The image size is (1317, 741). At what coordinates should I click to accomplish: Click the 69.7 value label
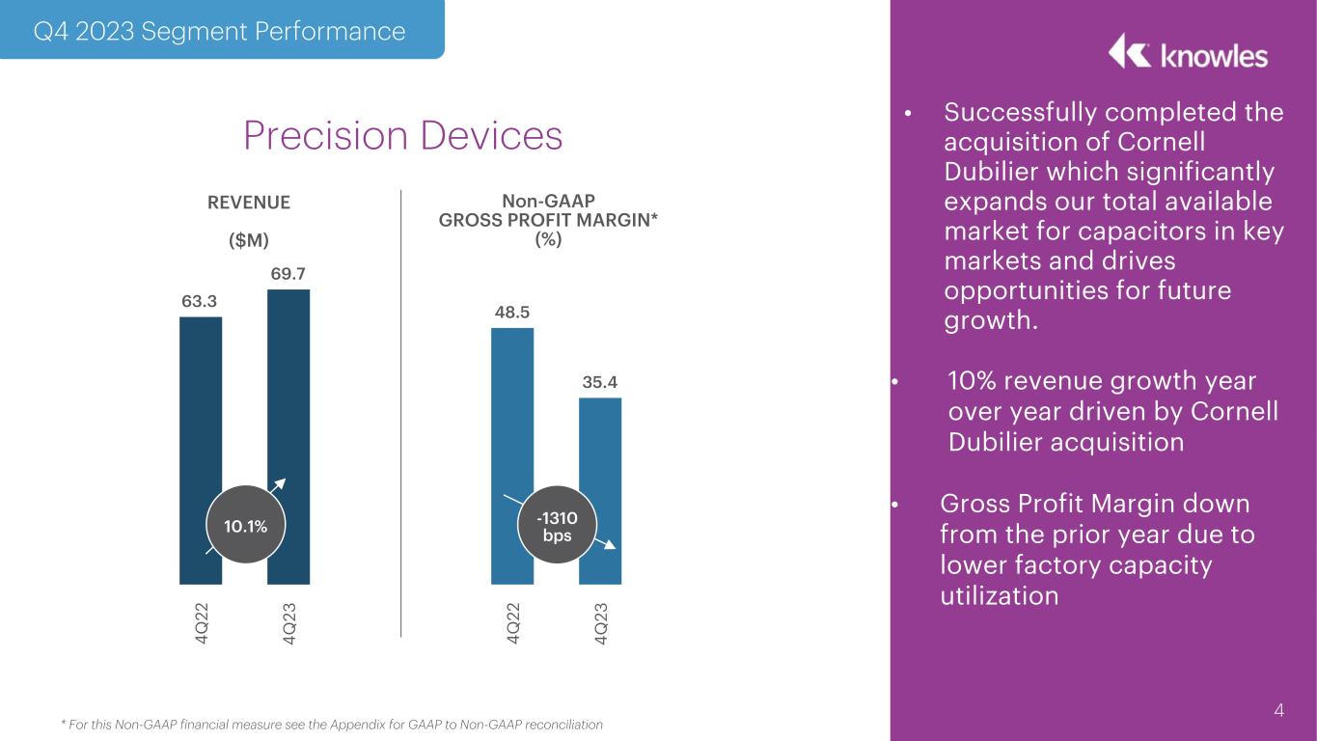click(x=288, y=273)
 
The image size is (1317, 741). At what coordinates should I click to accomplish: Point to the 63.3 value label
click(x=200, y=301)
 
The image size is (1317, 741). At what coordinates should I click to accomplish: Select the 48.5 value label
click(x=512, y=312)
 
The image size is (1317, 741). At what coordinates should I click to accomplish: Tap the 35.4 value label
click(x=600, y=382)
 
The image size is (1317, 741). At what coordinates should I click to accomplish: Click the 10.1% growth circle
click(x=246, y=525)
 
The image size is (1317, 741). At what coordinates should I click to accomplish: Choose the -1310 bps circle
click(x=557, y=525)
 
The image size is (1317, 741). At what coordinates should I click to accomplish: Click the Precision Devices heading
click(x=403, y=135)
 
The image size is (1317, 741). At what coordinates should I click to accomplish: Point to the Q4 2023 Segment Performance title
click(x=219, y=31)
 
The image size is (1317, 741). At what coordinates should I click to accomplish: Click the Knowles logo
click(x=1188, y=52)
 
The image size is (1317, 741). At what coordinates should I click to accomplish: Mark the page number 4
click(x=1278, y=710)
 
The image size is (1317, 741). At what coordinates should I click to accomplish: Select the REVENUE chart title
click(x=249, y=203)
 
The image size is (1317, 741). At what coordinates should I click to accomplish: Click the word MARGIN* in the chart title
click(x=617, y=220)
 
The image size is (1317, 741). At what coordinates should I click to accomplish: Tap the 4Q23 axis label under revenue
click(x=289, y=623)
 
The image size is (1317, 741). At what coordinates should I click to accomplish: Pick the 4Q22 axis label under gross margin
click(x=513, y=623)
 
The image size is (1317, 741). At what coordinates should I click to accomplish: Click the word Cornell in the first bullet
click(x=1162, y=142)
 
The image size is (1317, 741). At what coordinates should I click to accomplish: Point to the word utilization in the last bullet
click(x=1000, y=595)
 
